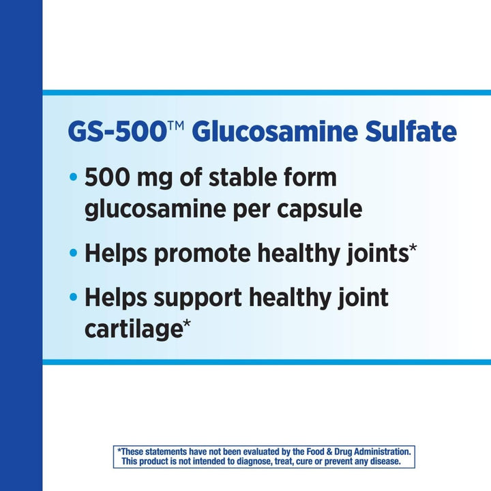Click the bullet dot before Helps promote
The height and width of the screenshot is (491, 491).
click(x=74, y=254)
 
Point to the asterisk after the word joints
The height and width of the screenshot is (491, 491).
click(x=413, y=248)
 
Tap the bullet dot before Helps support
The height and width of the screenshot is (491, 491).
click(x=74, y=298)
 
